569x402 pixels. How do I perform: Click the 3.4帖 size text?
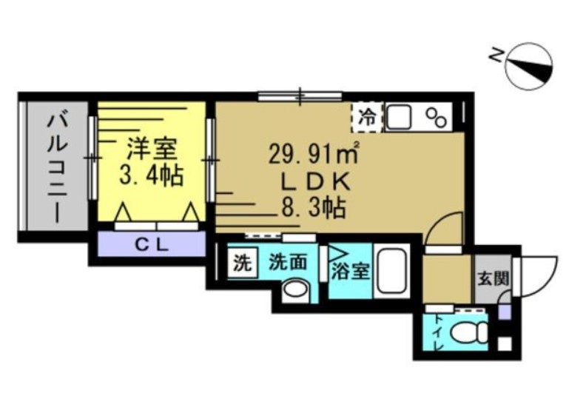[x=151, y=176]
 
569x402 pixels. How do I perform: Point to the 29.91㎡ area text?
[x=313, y=155]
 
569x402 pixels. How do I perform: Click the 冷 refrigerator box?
[x=367, y=116]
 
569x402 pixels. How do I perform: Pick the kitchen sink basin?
[x=400, y=117]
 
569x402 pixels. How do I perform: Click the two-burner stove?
[x=437, y=116]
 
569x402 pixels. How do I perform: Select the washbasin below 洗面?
[x=296, y=289]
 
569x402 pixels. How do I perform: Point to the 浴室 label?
[x=350, y=270]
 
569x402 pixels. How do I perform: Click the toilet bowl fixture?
[x=467, y=332]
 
